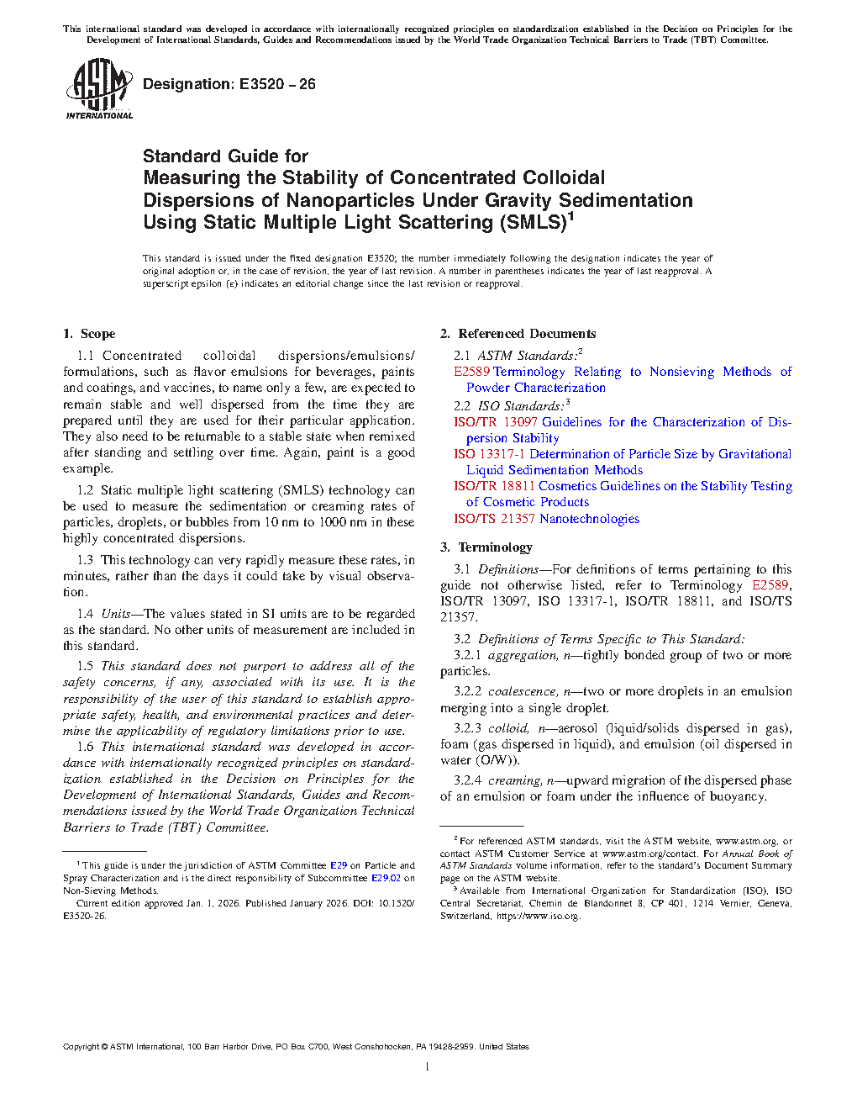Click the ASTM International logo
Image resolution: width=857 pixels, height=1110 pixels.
(x=98, y=88)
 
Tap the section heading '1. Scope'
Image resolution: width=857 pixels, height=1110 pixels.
(x=89, y=334)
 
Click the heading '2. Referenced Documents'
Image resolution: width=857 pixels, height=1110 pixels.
(x=518, y=334)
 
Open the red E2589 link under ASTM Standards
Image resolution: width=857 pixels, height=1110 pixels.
(x=471, y=372)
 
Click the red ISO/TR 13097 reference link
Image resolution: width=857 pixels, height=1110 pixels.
(x=496, y=422)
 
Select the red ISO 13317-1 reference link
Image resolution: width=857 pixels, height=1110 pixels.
(x=490, y=454)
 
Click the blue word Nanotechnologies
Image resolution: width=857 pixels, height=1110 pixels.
(x=589, y=519)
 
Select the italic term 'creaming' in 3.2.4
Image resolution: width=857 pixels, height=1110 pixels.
(x=514, y=780)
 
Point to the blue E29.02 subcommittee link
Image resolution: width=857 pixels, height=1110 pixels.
(x=386, y=878)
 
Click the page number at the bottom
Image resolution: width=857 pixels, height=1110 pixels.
(x=428, y=1067)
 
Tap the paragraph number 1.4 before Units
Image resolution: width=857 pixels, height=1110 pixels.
(x=85, y=614)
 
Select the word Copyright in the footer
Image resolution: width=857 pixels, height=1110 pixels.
(x=81, y=1047)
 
